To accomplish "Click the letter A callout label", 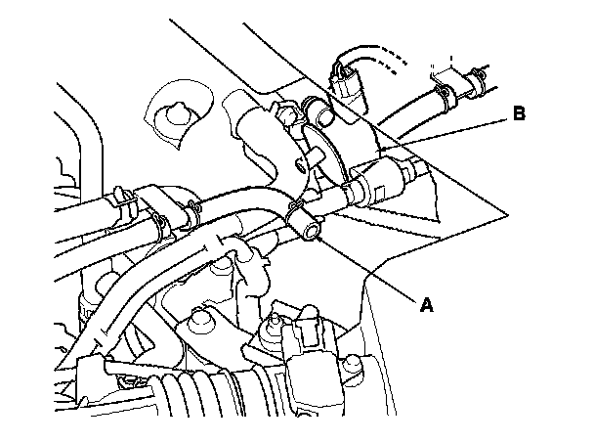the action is [425, 304].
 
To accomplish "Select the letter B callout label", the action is [519, 114].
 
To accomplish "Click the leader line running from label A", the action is [371, 268].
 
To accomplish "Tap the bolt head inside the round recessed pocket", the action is [175, 114].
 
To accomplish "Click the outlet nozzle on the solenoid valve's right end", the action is [415, 173].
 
